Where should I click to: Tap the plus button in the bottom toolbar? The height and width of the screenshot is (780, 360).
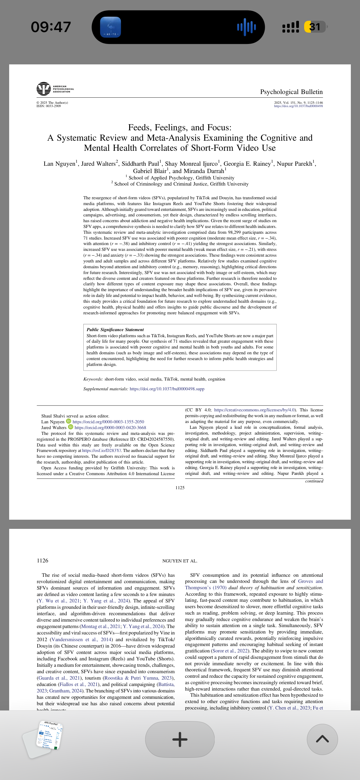pyautogui.click(x=180, y=739)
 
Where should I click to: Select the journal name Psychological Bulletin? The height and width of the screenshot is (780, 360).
pyautogui.click(x=291, y=92)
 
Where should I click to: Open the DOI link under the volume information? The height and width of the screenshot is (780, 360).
pyautogui.click(x=298, y=106)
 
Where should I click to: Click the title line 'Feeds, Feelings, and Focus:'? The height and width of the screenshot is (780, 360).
pyautogui.click(x=180, y=127)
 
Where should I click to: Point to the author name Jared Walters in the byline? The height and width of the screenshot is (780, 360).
pyautogui.click(x=98, y=164)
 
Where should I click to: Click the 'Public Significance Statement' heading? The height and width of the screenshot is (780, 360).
pyautogui.click(x=115, y=330)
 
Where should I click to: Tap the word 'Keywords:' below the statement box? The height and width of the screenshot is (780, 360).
pyautogui.click(x=93, y=379)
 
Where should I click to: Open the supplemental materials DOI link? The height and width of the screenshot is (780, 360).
pyautogui.click(x=167, y=389)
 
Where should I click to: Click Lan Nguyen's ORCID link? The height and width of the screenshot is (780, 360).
pyautogui.click(x=108, y=422)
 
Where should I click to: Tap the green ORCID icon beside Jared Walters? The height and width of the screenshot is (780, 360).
pyautogui.click(x=71, y=427)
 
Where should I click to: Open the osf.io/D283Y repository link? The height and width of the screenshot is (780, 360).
pyautogui.click(x=101, y=450)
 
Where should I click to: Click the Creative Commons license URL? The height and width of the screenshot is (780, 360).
pyautogui.click(x=254, y=410)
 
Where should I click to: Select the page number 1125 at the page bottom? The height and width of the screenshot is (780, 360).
pyautogui.click(x=180, y=488)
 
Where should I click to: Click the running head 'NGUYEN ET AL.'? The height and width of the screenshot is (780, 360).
pyautogui.click(x=180, y=561)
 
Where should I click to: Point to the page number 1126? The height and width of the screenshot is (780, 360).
pyautogui.click(x=42, y=561)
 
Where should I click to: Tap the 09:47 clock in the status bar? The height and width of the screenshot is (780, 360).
pyautogui.click(x=51, y=27)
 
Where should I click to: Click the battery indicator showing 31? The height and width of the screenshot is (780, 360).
pyautogui.click(x=315, y=27)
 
